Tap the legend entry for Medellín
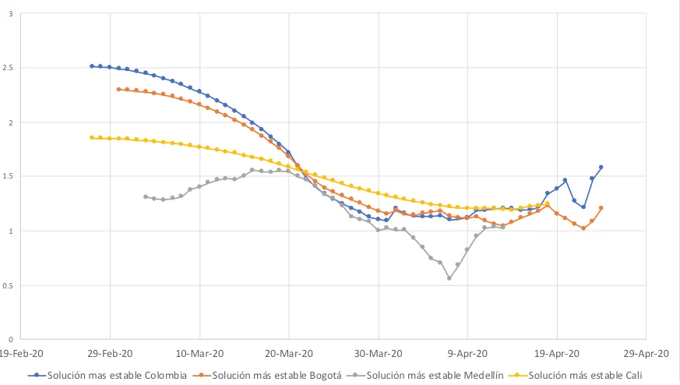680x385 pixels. coord(435,375)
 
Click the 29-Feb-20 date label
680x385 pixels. coord(110,351)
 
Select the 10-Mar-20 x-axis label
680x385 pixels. coord(199,351)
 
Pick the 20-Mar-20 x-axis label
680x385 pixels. coord(289,351)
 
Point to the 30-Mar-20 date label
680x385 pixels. coord(379,351)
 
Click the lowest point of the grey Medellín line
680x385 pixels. coord(449,278)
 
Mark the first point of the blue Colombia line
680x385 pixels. coord(92,66)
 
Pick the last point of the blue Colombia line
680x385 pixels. coord(601,167)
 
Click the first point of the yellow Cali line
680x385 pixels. coord(92,137)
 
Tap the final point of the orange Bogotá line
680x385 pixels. coord(601,208)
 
